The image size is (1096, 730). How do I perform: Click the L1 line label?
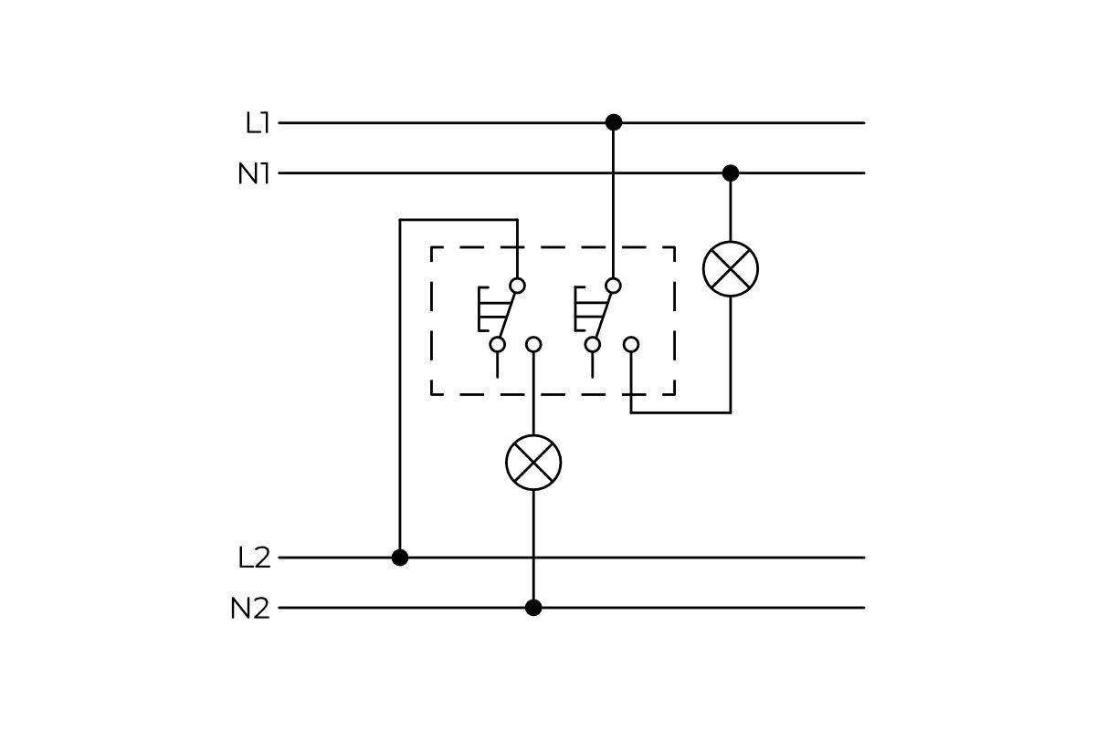tap(258, 123)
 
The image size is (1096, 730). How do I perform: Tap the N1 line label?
tap(254, 173)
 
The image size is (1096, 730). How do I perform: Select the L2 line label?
tap(254, 558)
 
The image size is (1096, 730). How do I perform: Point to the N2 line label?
tap(250, 609)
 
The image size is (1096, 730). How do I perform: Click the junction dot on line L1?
tap(614, 122)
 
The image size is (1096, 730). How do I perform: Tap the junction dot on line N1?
tap(731, 172)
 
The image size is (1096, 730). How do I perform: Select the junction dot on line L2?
tap(400, 558)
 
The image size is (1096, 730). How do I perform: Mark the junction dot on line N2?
tap(533, 608)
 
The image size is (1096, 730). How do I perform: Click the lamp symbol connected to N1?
tap(731, 269)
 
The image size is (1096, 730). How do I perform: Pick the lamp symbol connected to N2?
tap(533, 463)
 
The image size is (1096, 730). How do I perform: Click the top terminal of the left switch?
tap(517, 286)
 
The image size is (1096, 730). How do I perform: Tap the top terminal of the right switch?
tap(613, 286)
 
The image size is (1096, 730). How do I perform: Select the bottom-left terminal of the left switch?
tap(498, 344)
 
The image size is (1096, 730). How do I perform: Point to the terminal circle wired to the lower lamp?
tap(533, 344)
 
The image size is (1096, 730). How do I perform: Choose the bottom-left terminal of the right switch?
tap(593, 344)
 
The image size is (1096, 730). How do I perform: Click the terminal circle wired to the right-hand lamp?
tap(631, 344)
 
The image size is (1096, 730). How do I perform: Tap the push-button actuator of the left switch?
tap(487, 309)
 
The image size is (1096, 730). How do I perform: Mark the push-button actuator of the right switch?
tap(583, 309)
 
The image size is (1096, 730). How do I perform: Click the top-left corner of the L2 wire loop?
tap(400, 220)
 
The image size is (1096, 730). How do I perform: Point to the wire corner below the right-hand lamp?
tap(731, 412)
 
